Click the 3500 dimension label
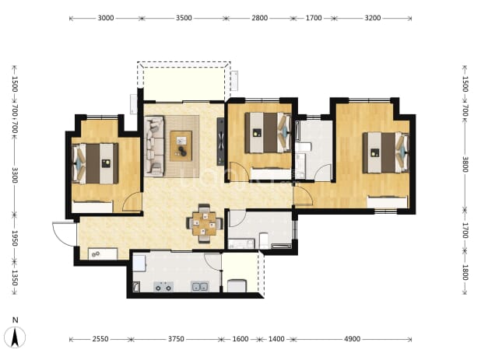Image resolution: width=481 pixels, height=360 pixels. pyautogui.click(x=184, y=18)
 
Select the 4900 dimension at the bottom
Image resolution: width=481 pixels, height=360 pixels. pyautogui.click(x=352, y=339)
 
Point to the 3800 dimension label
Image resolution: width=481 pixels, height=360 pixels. pyautogui.click(x=465, y=165)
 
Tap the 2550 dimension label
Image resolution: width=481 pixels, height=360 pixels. pyautogui.click(x=100, y=339)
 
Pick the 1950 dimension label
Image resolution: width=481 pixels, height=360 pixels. pyautogui.click(x=15, y=239)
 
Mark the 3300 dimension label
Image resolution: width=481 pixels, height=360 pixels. pyautogui.click(x=15, y=175)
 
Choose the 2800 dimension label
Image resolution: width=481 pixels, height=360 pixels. pyautogui.click(x=259, y=18)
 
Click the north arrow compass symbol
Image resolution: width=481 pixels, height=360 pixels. pyautogui.click(x=15, y=337)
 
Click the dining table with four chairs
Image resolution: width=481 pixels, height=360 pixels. pyautogui.click(x=205, y=223)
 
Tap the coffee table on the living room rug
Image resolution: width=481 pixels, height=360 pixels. pyautogui.click(x=181, y=146)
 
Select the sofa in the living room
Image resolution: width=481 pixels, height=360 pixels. pyautogui.click(x=154, y=146)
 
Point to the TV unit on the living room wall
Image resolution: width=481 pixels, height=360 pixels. pyautogui.click(x=220, y=142)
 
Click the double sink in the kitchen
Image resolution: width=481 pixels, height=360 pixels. pyautogui.click(x=200, y=287)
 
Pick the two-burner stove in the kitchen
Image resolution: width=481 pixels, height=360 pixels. pyautogui.click(x=163, y=287)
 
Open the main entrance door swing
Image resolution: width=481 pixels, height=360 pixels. pyautogui.click(x=64, y=234)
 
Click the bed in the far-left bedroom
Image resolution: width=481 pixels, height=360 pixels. pyautogui.click(x=95, y=163)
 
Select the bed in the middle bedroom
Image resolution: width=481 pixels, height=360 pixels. pyautogui.click(x=268, y=132)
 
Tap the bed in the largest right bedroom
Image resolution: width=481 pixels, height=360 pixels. pyautogui.click(x=386, y=152)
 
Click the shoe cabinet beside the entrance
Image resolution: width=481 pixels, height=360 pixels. pyautogui.click(x=103, y=254)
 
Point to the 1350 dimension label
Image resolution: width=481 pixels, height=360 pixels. pyautogui.click(x=15, y=278)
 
